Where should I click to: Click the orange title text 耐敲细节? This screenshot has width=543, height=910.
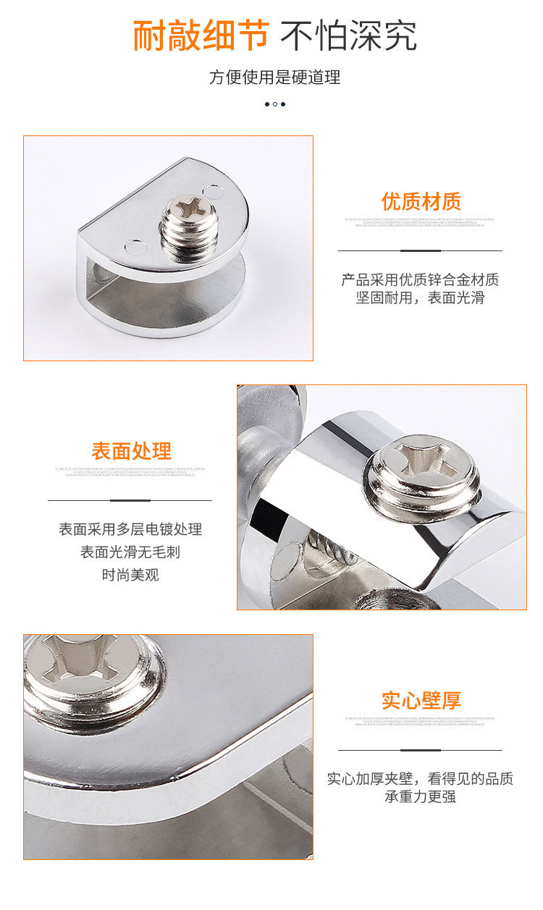click(x=201, y=35)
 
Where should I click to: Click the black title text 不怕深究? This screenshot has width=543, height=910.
click(x=348, y=35)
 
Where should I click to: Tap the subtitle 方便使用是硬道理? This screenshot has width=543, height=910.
click(x=274, y=77)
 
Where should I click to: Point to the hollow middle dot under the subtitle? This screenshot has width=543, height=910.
click(x=275, y=104)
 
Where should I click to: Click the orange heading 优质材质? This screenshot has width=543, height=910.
click(x=421, y=201)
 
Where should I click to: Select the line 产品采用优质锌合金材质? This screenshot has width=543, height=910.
click(x=420, y=279)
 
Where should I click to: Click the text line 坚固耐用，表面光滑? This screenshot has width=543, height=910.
click(x=420, y=298)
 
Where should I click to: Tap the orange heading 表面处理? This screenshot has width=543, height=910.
click(x=131, y=451)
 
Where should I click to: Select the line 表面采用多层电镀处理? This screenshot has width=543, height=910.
click(x=130, y=529)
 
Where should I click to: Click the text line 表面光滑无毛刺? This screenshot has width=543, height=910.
click(x=130, y=552)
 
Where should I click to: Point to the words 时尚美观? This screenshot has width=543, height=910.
click(x=130, y=576)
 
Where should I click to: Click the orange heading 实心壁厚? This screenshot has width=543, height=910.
click(x=421, y=701)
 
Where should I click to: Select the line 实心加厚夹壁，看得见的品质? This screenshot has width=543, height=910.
click(x=420, y=779)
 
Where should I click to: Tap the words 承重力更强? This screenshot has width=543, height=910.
click(x=420, y=797)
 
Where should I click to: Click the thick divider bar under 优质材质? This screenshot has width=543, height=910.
click(x=420, y=250)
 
